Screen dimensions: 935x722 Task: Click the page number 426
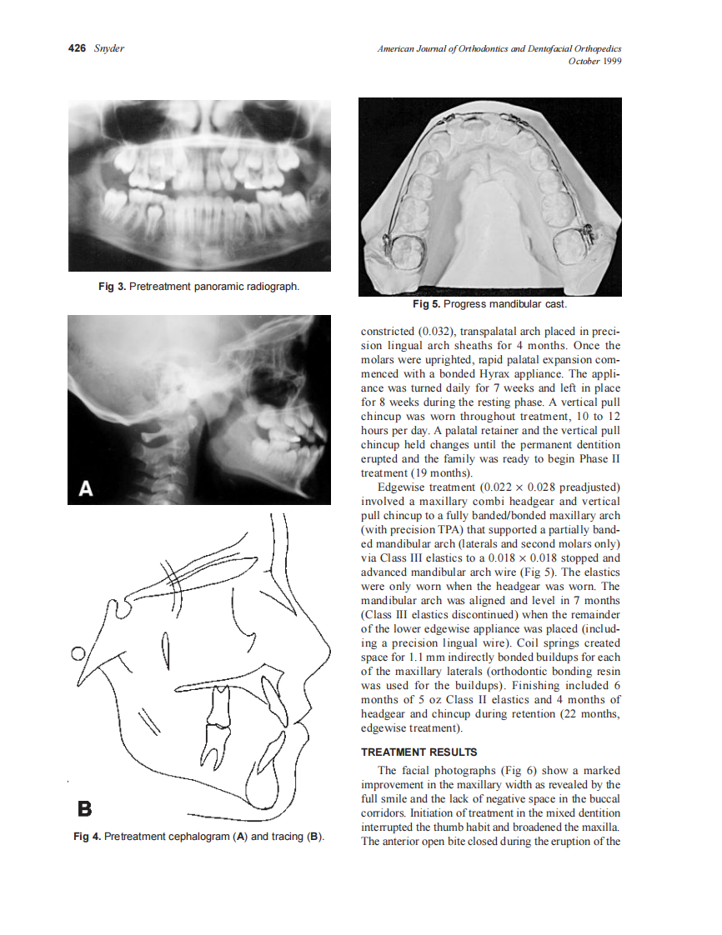tap(78, 48)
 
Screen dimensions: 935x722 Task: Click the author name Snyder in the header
tap(109, 48)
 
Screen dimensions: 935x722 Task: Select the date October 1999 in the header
tap(594, 61)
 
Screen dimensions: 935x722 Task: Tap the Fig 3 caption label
tap(111, 287)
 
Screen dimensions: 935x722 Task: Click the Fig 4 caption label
tap(87, 836)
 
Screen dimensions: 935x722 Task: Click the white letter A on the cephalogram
tap(85, 488)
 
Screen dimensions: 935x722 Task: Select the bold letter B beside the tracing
tap(84, 807)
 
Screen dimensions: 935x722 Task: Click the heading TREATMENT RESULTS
tap(419, 752)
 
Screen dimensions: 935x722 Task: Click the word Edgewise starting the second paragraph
tap(404, 487)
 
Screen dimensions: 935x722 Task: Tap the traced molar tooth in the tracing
tap(218, 722)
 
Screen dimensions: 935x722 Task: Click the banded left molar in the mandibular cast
tap(405, 249)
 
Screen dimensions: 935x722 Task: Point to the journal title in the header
tap(499, 49)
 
